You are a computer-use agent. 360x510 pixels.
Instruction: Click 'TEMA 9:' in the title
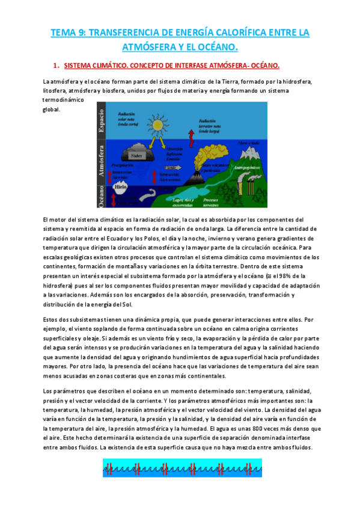tap(68, 32)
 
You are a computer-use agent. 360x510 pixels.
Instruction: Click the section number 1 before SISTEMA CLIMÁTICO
tap(55, 65)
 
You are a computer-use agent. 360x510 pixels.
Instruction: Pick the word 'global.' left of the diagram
tap(51, 109)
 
